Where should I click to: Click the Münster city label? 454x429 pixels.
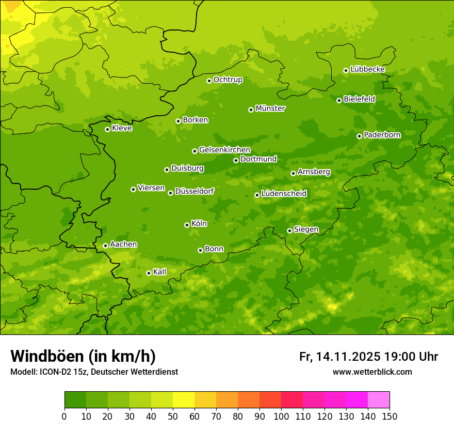click(270, 109)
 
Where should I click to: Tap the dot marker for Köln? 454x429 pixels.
click(187, 225)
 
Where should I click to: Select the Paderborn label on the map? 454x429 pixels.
click(382, 135)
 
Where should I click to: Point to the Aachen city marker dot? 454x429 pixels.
click(105, 246)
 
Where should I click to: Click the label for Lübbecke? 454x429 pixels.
click(367, 69)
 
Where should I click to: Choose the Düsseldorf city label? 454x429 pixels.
click(194, 191)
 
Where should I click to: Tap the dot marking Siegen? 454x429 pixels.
click(289, 231)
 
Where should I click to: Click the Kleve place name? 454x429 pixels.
click(122, 128)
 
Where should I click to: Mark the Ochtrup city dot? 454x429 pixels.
click(209, 80)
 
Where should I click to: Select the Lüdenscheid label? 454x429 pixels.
click(284, 194)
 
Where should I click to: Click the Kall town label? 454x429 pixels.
click(159, 272)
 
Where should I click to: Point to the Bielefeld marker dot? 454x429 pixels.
click(339, 100)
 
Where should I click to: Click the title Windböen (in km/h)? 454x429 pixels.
click(83, 356)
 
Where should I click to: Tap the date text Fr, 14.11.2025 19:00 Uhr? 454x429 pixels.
click(368, 357)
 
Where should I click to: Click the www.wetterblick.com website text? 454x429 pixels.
click(372, 372)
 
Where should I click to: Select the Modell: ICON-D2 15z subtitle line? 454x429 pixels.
click(94, 372)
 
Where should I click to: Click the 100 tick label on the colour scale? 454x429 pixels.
click(281, 417)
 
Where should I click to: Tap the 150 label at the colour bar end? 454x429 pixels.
click(389, 417)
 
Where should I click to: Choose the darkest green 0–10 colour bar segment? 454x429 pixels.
click(75, 400)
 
